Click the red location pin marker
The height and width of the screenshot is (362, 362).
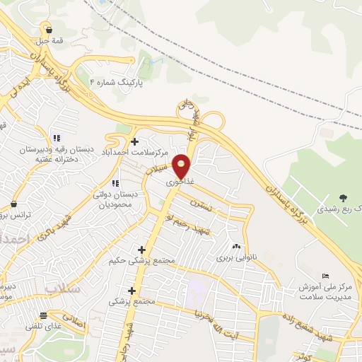(x=182, y=166)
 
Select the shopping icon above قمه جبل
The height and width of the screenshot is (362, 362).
(x=48, y=29)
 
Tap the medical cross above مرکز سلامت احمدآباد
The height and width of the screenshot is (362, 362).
(x=134, y=141)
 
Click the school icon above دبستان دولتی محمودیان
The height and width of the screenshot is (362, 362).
(x=115, y=183)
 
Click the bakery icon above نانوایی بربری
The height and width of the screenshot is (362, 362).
(x=237, y=247)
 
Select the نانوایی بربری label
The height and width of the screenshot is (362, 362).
(x=234, y=258)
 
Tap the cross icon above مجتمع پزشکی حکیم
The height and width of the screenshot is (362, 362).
(x=142, y=250)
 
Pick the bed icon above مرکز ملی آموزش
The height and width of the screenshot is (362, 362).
(x=325, y=275)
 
